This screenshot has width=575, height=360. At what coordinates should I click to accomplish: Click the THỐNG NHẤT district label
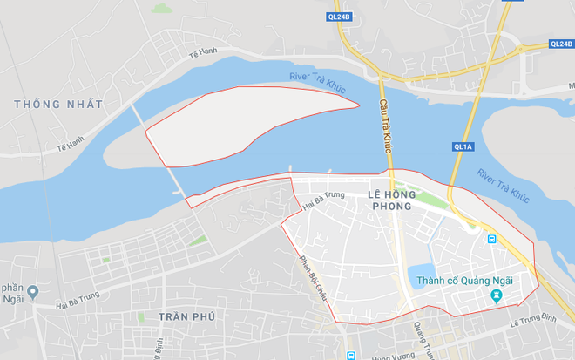(x=58, y=105)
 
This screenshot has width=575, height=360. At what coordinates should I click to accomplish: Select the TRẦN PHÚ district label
(x=186, y=316)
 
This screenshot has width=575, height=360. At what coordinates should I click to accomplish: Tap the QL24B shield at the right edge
(x=560, y=44)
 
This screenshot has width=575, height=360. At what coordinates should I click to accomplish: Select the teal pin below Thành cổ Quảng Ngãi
(x=497, y=297)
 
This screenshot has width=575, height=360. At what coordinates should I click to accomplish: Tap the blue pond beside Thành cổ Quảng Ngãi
(x=423, y=278)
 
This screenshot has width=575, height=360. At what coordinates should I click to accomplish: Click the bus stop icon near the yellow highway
(x=492, y=239)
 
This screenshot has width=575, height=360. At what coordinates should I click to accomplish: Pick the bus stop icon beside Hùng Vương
(x=350, y=356)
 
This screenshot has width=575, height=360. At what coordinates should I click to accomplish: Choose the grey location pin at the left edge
(x=33, y=292)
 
